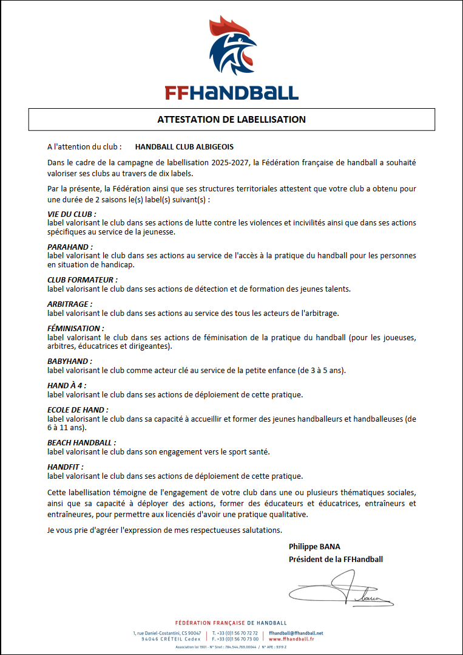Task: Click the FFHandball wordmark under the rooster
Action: coord(232,92)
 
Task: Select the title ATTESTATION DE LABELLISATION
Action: coord(232,119)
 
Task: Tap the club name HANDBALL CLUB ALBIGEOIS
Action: coord(184,147)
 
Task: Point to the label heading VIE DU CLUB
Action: coord(72,214)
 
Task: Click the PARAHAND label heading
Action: coord(70,247)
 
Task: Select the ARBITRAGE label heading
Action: coord(70,304)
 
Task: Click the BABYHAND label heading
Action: coord(70,361)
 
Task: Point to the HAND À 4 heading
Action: coord(67,385)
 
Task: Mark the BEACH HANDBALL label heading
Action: coord(81,443)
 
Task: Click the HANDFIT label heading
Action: coord(66,467)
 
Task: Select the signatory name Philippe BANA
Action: coord(314,546)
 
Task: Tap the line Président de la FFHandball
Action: coord(336,559)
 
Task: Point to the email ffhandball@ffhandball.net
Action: coord(296,633)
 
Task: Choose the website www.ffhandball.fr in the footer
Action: coord(291,639)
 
